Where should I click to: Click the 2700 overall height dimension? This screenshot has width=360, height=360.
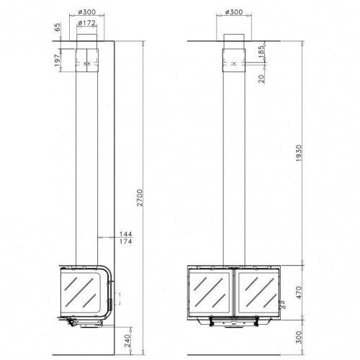click(x=140, y=197)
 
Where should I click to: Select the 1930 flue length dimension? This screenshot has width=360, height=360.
click(x=299, y=153)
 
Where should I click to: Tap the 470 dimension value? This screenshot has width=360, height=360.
click(x=299, y=292)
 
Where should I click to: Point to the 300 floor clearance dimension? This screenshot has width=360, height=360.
click(x=299, y=337)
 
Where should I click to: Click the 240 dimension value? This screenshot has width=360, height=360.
click(x=127, y=341)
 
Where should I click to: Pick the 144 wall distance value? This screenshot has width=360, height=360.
click(x=126, y=234)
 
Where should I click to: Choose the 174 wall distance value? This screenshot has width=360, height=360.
click(x=126, y=241)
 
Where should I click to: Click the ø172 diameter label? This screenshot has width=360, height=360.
click(x=87, y=23)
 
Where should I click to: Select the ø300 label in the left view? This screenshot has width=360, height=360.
click(x=87, y=12)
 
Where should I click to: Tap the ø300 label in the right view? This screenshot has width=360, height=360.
click(x=234, y=12)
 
